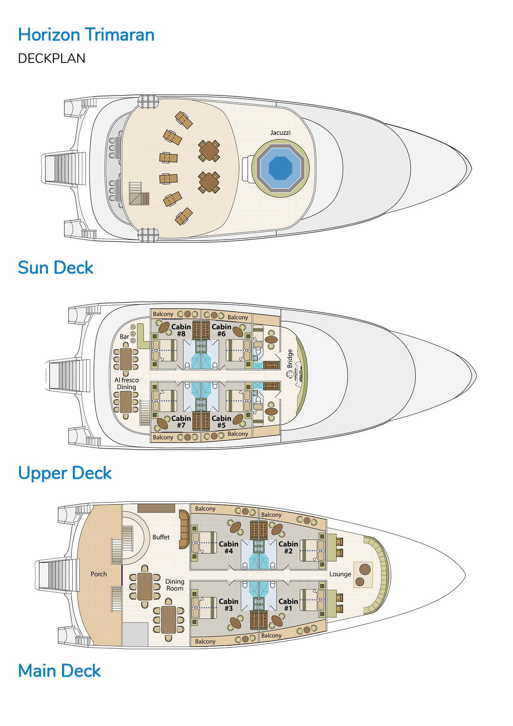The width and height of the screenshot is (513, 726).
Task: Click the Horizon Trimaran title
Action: pos(86,35)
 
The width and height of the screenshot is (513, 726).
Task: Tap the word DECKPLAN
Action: pos(52,58)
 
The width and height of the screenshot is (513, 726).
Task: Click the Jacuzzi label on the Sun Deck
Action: pos(280,132)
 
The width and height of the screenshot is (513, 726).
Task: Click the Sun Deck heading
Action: pos(55,268)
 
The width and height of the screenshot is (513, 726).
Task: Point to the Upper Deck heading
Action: pos(65,473)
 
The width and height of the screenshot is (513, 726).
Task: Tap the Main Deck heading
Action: pos(59,671)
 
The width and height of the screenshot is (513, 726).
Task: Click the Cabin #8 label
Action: pos(181,330)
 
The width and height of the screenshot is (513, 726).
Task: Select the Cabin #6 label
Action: pos(221,330)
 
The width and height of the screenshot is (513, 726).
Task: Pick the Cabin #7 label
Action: pos(181,422)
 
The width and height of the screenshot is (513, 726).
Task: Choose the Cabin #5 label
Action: pos(221,422)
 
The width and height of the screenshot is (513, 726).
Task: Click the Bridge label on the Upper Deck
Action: pos(290,358)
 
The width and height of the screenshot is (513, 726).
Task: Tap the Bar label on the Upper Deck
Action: pos(124,337)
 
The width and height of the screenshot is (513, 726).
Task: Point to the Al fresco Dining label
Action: pos(127,383)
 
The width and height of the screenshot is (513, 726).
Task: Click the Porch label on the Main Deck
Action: pos(98,574)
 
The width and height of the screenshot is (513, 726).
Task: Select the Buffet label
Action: pos(161,537)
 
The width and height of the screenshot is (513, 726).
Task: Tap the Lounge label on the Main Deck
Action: pos(340,574)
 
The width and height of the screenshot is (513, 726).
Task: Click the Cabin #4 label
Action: pos(228,547)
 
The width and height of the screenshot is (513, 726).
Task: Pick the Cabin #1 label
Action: pos(288,605)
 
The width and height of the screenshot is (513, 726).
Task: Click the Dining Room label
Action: pos(175,585)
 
